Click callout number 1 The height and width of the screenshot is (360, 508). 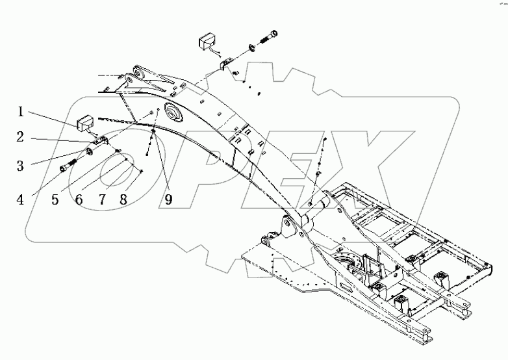click(x=20, y=112)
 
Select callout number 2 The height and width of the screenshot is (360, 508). click(x=20, y=137)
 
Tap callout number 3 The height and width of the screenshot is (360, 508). click(x=20, y=166)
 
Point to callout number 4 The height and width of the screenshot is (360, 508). click(x=20, y=200)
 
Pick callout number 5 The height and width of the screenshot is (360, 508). click(x=55, y=200)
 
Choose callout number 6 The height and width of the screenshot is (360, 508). click(x=79, y=200)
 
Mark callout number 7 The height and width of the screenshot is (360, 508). click(x=102, y=200)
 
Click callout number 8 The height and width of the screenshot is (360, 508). click(x=123, y=200)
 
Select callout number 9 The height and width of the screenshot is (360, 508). click(x=168, y=200)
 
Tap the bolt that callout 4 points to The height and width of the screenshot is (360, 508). click(x=68, y=164)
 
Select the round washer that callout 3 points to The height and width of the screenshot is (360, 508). click(x=89, y=151)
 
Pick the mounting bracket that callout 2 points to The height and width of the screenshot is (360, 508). click(x=101, y=141)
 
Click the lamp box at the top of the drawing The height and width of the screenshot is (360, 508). click(x=207, y=41)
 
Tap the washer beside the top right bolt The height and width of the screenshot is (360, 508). click(x=251, y=48)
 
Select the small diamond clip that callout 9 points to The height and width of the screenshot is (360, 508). click(x=153, y=131)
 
